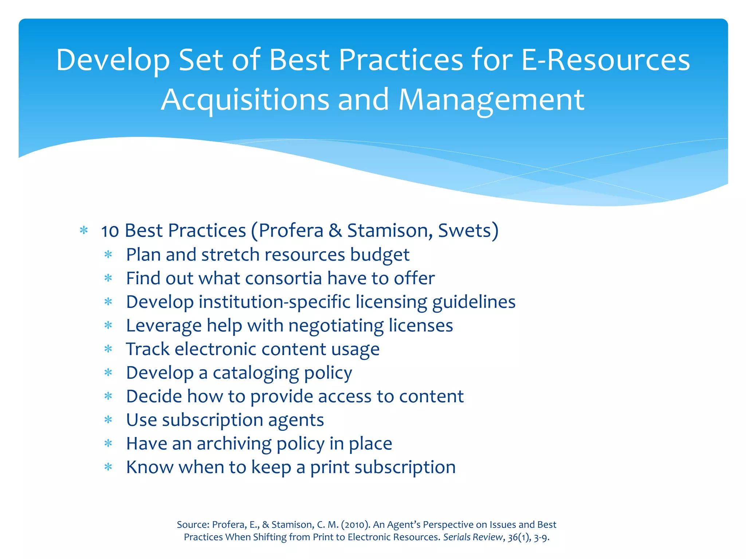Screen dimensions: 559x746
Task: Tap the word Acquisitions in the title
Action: click(x=245, y=100)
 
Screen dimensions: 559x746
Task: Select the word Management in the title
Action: click(x=491, y=100)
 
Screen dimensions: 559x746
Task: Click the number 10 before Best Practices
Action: click(x=110, y=231)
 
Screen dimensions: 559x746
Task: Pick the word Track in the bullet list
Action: click(x=148, y=349)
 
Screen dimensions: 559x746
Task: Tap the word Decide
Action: click(x=154, y=397)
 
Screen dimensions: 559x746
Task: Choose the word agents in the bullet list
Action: click(x=296, y=420)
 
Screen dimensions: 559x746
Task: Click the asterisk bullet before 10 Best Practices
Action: click(x=84, y=231)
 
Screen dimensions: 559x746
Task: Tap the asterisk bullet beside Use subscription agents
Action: click(x=108, y=420)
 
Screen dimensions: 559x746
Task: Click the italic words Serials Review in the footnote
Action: click(x=472, y=538)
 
